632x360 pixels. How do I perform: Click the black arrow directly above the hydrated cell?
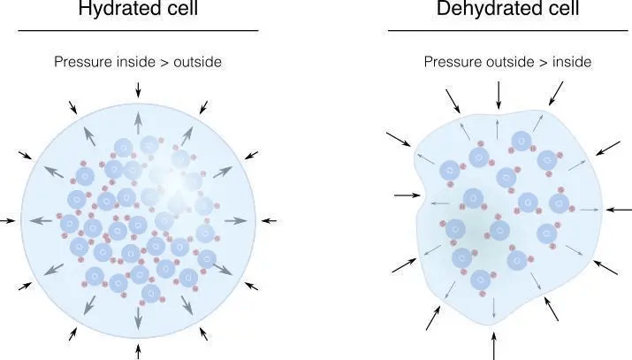point(138,88)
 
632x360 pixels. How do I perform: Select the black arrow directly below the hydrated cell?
point(139,351)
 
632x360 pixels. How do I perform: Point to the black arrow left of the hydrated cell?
point(9,219)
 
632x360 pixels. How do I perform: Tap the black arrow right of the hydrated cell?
point(268,219)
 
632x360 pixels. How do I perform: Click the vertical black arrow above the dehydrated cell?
point(499,93)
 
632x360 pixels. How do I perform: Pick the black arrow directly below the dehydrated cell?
point(494,344)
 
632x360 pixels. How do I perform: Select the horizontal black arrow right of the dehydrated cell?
point(620,210)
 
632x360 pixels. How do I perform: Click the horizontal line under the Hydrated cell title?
point(138,31)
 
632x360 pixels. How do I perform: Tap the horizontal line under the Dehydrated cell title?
point(508,31)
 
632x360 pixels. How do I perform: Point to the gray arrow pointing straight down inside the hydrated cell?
point(139,316)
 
